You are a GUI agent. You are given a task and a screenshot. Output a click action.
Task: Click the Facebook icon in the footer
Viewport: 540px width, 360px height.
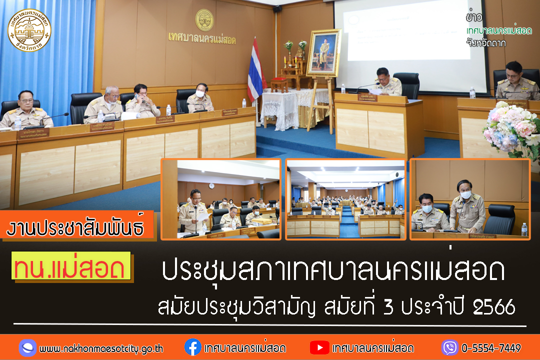coord(192,347)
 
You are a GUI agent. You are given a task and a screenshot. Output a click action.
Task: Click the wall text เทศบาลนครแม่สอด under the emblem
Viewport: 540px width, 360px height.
coord(202,39)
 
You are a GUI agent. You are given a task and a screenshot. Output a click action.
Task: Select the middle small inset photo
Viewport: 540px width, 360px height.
coord(345,199)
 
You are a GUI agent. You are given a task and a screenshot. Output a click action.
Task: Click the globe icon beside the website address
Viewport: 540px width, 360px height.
coord(27,347)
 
